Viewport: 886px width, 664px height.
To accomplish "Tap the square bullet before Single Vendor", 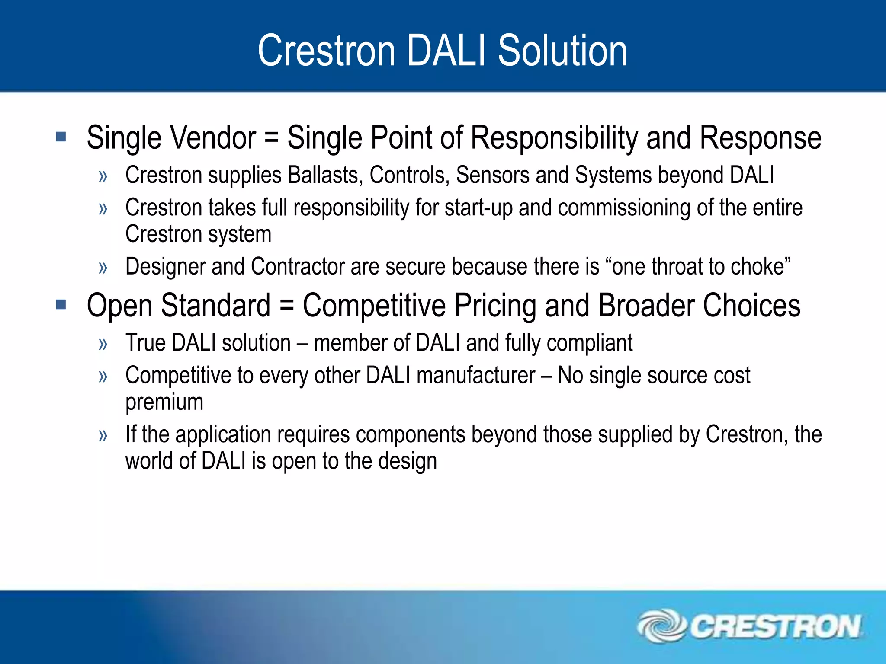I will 61,137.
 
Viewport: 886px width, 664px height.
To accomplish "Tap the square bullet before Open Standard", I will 61,305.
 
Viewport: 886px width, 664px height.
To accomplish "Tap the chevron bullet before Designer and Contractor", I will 103,268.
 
